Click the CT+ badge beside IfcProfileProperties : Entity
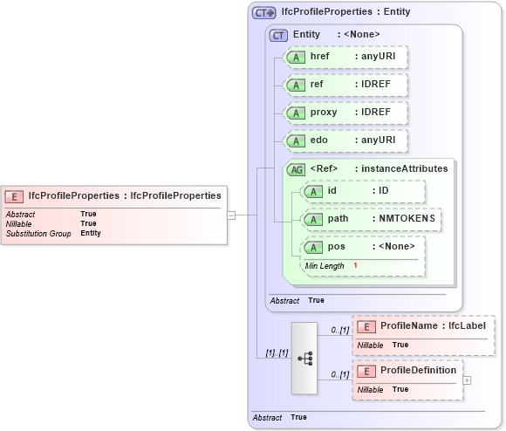(263, 12)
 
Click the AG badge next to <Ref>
(297, 169)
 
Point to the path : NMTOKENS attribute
(371, 218)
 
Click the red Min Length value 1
(356, 265)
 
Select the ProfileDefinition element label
(418, 370)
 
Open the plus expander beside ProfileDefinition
(467, 380)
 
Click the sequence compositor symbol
(304, 358)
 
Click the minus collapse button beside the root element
(231, 214)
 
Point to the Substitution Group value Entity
(91, 233)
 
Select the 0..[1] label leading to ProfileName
(339, 331)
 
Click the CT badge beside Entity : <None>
(279, 35)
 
